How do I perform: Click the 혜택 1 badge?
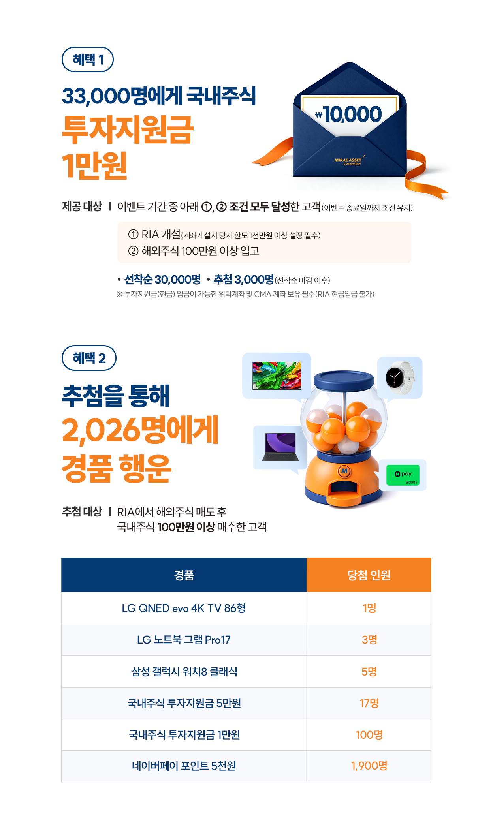(88, 60)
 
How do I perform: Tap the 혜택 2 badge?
(89, 358)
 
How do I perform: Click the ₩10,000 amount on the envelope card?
(348, 114)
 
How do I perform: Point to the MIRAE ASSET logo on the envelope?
(348, 161)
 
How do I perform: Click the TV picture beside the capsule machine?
(277, 376)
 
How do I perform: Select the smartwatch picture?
(400, 377)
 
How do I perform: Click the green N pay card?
(403, 475)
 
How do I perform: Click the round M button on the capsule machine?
(344, 471)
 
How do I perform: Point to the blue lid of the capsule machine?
(344, 379)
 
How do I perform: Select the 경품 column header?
(184, 575)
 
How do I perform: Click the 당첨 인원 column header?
(369, 575)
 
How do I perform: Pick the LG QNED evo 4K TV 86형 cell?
(184, 608)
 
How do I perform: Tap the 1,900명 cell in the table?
(369, 766)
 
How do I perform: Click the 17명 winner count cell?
(369, 703)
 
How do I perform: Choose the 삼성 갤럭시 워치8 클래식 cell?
(184, 672)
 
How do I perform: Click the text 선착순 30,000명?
(162, 280)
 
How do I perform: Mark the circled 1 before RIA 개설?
(133, 235)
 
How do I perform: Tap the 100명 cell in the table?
(369, 735)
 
